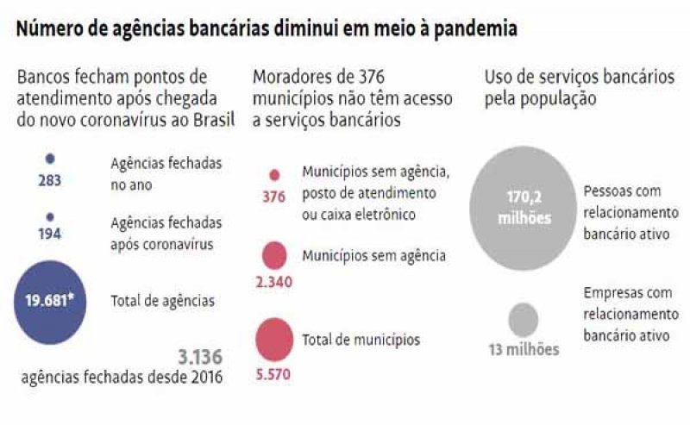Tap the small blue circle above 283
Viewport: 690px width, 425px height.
[49, 159]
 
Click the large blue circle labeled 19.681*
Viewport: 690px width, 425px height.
[49, 302]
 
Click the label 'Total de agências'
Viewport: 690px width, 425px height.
[163, 301]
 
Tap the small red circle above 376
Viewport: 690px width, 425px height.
[274, 175]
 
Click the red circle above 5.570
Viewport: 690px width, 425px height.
[274, 339]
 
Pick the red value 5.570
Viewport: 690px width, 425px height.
[274, 375]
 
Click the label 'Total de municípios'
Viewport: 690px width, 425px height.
[361, 340]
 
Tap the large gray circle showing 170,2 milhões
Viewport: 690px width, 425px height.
[524, 208]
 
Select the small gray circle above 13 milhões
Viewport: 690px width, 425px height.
[523, 320]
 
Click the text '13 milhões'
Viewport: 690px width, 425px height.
[523, 350]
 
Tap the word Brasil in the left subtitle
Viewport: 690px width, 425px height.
[213, 120]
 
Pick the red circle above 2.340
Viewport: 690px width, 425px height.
[274, 254]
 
